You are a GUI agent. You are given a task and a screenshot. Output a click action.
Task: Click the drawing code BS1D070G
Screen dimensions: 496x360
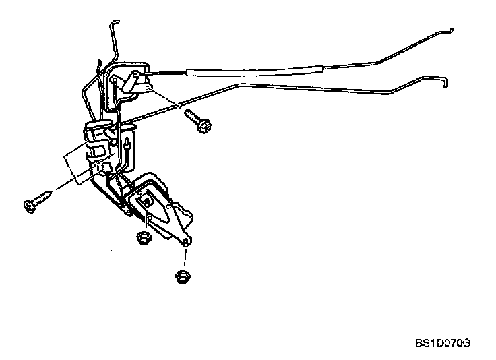(x=442, y=342)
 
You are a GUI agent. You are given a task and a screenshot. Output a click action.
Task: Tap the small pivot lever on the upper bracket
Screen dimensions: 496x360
(x=134, y=80)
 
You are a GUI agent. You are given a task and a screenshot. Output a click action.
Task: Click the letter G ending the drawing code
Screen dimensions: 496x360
(x=466, y=342)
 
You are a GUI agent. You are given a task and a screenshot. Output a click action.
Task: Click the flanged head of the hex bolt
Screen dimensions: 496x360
(x=201, y=127)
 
